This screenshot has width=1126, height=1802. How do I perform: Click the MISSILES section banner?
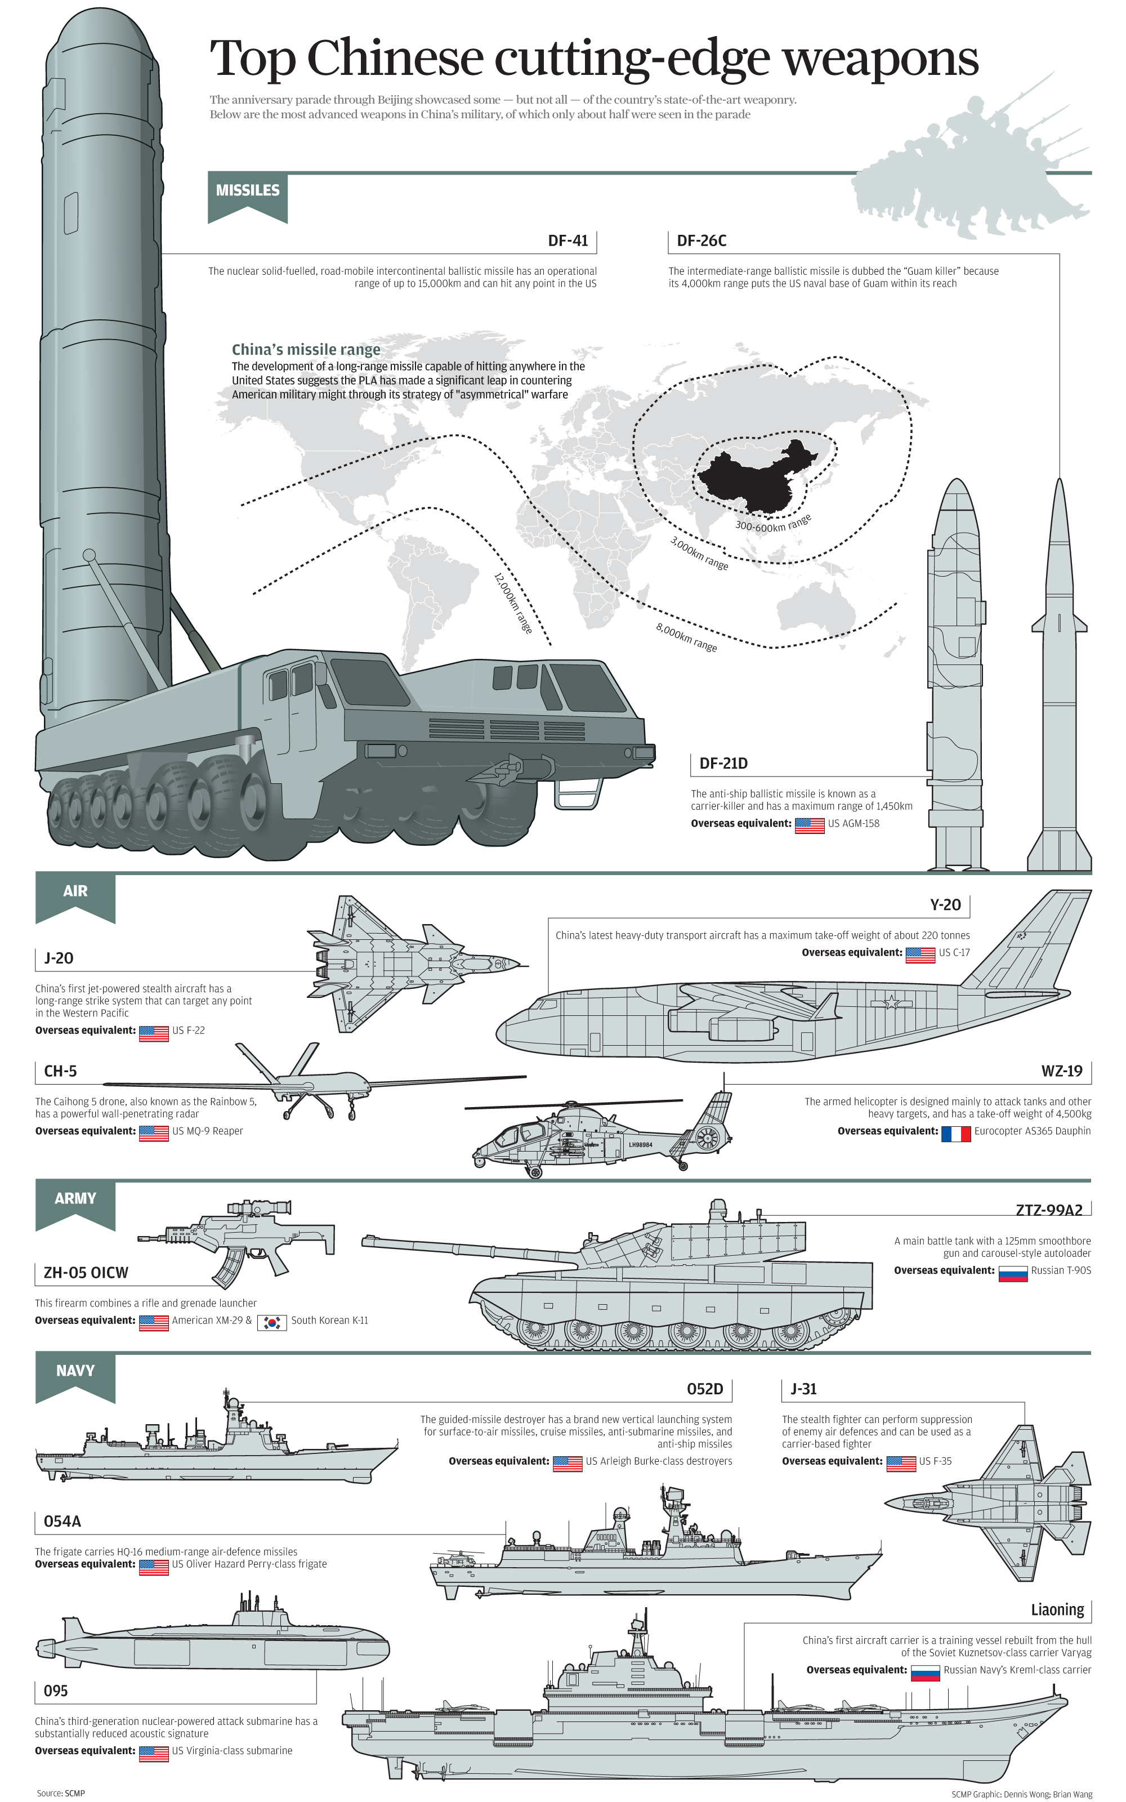click(x=247, y=191)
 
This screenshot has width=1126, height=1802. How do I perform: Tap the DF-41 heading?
click(x=568, y=240)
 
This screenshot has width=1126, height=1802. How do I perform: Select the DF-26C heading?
click(x=701, y=240)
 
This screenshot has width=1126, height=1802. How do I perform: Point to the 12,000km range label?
click(x=513, y=603)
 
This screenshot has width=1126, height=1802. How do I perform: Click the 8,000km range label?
click(x=686, y=637)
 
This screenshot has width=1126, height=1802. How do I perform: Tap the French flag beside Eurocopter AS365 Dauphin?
click(x=955, y=1134)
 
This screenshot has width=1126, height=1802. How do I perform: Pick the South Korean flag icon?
click(x=272, y=1322)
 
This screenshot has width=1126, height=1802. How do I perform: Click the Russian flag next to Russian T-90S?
click(x=1012, y=1273)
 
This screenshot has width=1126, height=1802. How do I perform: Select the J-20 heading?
click(x=59, y=958)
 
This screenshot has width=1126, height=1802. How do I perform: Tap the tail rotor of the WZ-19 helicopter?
click(x=707, y=1138)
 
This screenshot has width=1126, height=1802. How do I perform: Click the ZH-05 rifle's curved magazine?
click(x=230, y=1266)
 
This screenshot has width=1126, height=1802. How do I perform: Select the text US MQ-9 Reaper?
click(x=208, y=1131)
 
